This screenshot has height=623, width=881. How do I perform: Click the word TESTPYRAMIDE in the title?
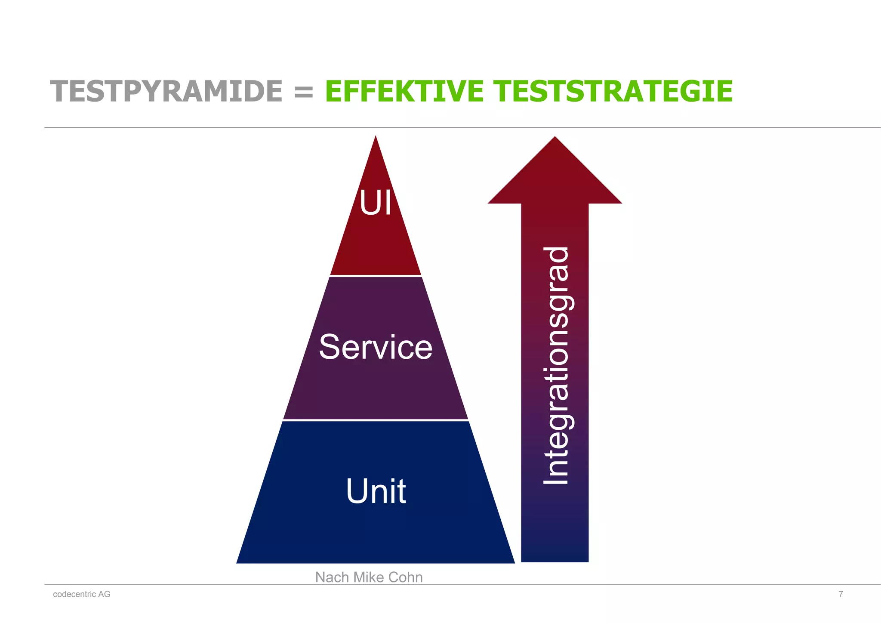(166, 92)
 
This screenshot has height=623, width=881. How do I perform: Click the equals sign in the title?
(304, 92)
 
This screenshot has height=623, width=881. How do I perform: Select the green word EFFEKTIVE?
(404, 92)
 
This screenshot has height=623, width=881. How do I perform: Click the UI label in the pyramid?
(376, 203)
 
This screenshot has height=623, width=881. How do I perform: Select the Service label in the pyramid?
(376, 347)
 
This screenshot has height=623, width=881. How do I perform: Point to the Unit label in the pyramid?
(376, 491)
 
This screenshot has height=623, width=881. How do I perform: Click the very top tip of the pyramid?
(376, 138)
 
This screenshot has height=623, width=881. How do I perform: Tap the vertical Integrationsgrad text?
(556, 366)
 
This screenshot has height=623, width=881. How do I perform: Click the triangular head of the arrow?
(554, 176)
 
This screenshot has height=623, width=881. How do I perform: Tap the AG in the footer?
(105, 594)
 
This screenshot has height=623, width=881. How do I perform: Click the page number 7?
(841, 594)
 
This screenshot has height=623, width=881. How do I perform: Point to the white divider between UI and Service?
(376, 275)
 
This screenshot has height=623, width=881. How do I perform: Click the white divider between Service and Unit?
(376, 419)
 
